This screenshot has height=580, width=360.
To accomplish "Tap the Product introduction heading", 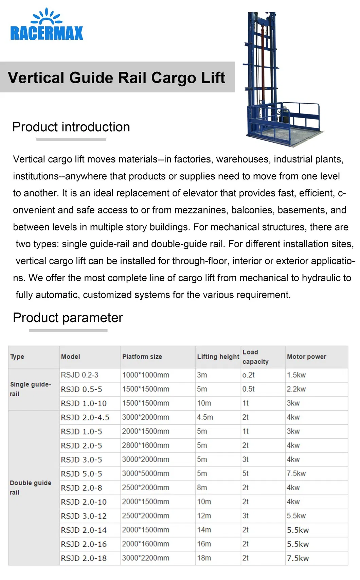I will [71, 127].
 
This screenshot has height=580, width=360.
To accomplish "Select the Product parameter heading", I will [68, 318].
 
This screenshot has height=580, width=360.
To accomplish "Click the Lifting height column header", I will [218, 357].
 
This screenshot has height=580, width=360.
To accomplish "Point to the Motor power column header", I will [306, 357].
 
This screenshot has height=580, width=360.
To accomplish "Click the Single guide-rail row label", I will [31, 389].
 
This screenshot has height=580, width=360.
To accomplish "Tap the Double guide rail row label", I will [31, 488].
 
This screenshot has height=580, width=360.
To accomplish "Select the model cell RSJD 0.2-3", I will [79, 375].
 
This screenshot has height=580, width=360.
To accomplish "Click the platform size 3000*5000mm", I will [145, 474].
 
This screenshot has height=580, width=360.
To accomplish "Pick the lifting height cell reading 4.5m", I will [205, 417].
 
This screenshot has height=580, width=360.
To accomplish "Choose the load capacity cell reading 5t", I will [246, 474].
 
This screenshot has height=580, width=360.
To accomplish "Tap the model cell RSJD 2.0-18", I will [84, 558].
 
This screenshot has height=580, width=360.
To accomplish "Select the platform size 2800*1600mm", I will [145, 445].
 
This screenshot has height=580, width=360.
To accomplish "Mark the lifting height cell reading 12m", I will [204, 516].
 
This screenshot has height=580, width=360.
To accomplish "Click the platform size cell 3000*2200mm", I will [145, 558].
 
